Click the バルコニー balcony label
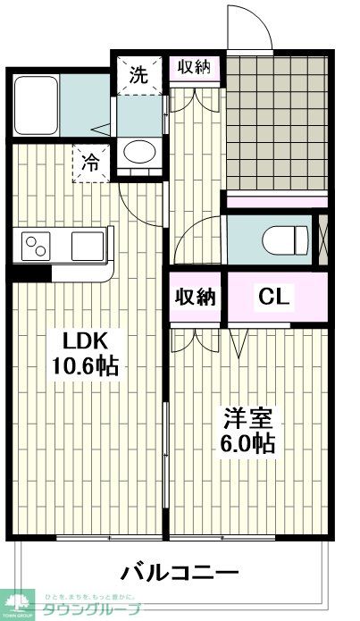pyautogui.click(x=179, y=573)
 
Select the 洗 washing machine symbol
pyautogui.click(x=138, y=75)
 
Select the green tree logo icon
pyautogui.click(x=15, y=604)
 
